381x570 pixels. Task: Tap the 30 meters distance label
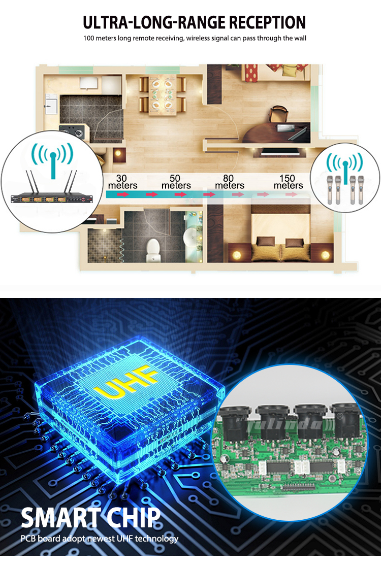(x=122, y=182)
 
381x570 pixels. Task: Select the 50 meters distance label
(x=176, y=182)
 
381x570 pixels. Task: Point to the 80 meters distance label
(x=229, y=182)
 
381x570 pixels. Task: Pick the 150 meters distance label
(x=288, y=182)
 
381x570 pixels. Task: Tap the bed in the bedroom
(x=280, y=232)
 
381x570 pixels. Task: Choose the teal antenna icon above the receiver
(x=53, y=159)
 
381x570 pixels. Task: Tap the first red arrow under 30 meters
(x=123, y=194)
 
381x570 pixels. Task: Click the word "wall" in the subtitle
(x=300, y=38)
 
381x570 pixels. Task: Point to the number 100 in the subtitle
(x=88, y=38)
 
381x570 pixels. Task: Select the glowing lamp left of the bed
(x=237, y=255)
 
